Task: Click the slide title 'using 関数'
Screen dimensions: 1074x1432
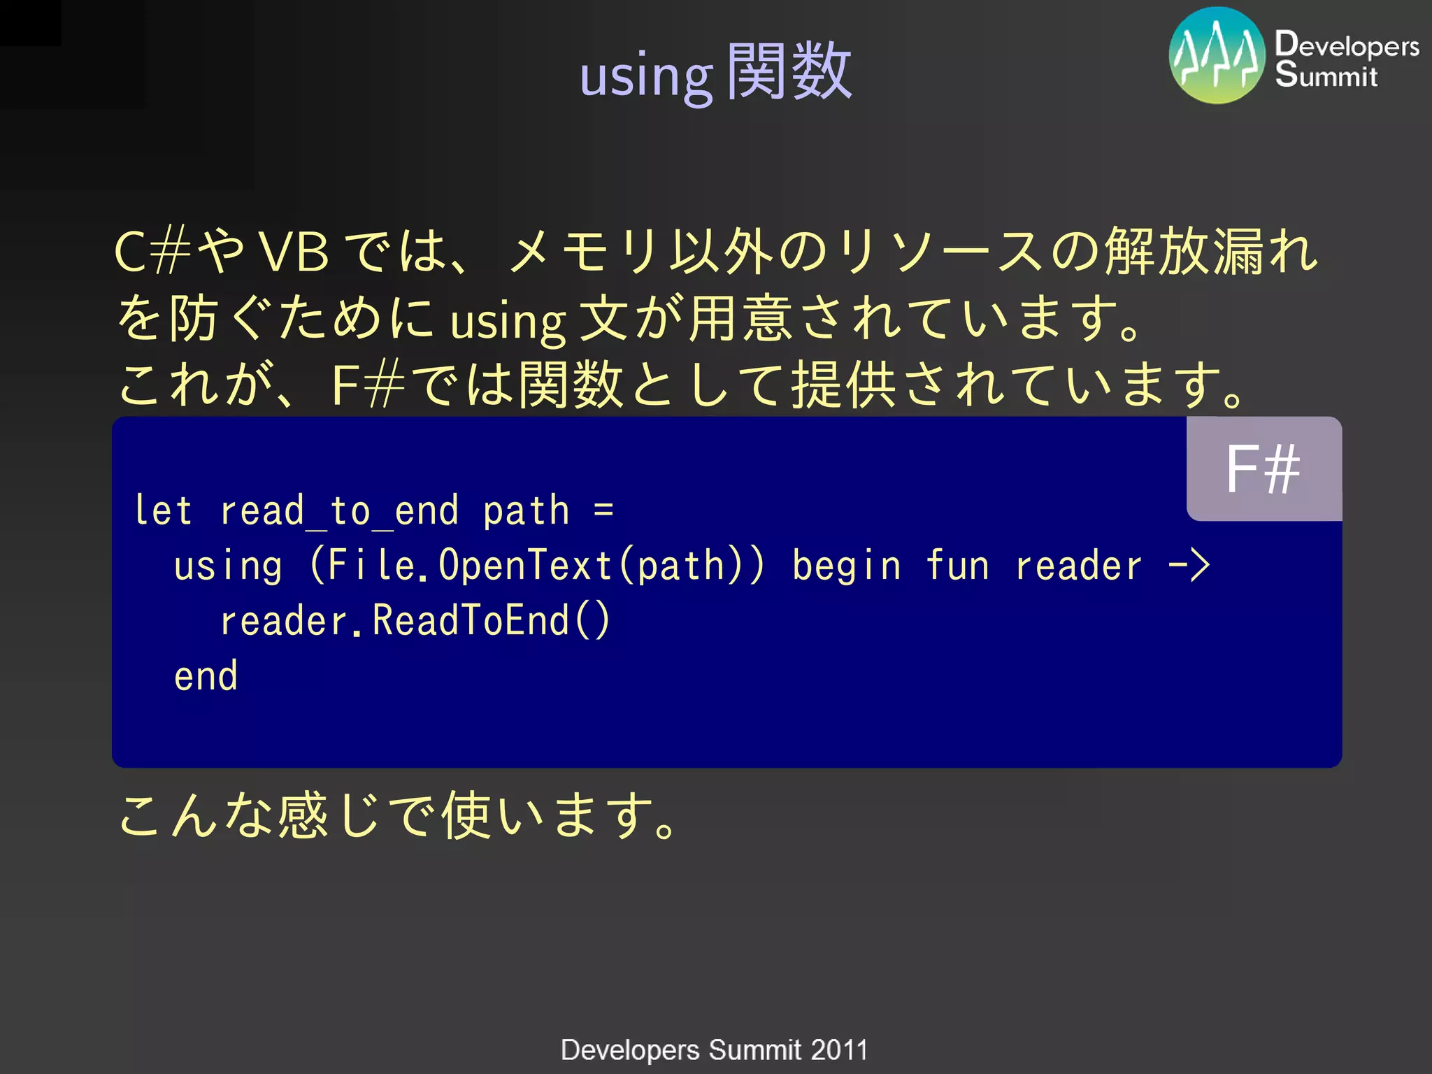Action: click(715, 73)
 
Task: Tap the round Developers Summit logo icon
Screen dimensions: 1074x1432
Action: click(1217, 56)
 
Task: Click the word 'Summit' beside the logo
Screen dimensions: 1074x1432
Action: click(1326, 75)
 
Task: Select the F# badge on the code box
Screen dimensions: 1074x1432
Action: click(1263, 469)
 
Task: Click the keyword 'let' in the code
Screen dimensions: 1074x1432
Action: click(163, 510)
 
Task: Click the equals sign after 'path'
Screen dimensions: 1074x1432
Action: click(603, 510)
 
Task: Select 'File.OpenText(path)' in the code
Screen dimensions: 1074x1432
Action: click(537, 566)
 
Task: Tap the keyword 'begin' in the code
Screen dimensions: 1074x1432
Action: click(846, 566)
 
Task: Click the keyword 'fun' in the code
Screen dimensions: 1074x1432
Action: click(957, 566)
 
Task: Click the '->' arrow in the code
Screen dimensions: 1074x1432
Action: click(1189, 566)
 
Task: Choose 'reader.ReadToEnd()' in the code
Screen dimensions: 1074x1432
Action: click(415, 621)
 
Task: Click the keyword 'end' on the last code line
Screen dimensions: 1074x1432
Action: click(206, 676)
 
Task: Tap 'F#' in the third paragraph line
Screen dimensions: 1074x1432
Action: click(367, 385)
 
